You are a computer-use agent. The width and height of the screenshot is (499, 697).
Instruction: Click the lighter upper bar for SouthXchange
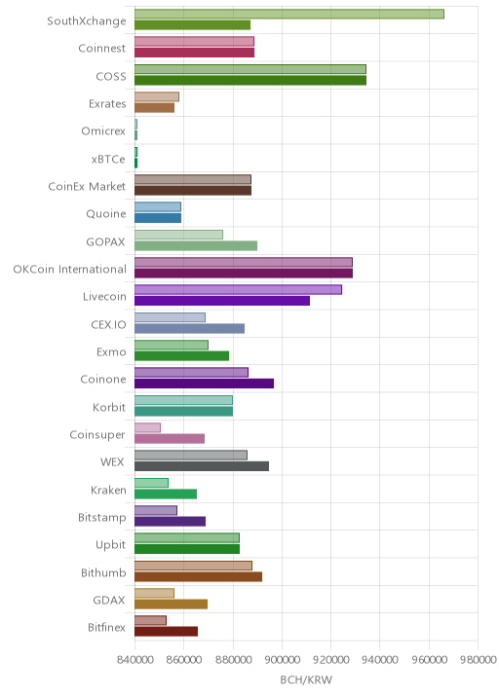click(289, 14)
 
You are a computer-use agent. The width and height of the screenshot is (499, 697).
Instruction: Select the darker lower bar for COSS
click(250, 81)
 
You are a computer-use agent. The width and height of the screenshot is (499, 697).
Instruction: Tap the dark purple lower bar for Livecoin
click(222, 301)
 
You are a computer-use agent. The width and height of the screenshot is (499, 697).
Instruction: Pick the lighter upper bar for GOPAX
click(179, 235)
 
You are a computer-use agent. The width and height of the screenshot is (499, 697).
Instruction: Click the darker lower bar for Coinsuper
click(170, 439)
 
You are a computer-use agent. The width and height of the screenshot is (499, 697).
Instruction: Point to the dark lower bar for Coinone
click(205, 384)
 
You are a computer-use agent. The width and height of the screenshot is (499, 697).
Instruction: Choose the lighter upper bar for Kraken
click(151, 483)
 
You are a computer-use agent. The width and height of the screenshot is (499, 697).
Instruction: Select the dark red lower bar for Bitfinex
click(166, 632)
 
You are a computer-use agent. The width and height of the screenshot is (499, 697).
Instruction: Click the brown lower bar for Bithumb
click(199, 576)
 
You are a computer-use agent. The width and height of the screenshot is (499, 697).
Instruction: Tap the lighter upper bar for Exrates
click(157, 97)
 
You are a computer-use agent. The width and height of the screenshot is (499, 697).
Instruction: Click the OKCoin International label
click(70, 269)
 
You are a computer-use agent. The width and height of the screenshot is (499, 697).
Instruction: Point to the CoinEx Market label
click(87, 186)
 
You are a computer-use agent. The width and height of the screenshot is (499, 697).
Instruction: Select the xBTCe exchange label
click(108, 159)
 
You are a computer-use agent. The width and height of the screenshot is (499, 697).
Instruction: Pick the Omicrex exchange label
click(103, 131)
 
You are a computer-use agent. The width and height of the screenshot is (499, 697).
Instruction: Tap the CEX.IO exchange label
click(108, 324)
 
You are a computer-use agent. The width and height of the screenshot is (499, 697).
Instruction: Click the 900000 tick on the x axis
click(282, 659)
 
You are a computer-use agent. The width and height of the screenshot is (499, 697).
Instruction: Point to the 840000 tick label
click(134, 659)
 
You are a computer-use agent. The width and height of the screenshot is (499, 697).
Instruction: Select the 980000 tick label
click(478, 659)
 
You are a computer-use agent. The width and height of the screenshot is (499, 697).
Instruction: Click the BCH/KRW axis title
click(306, 679)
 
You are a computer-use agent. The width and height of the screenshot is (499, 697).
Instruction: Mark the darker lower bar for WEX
click(202, 466)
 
